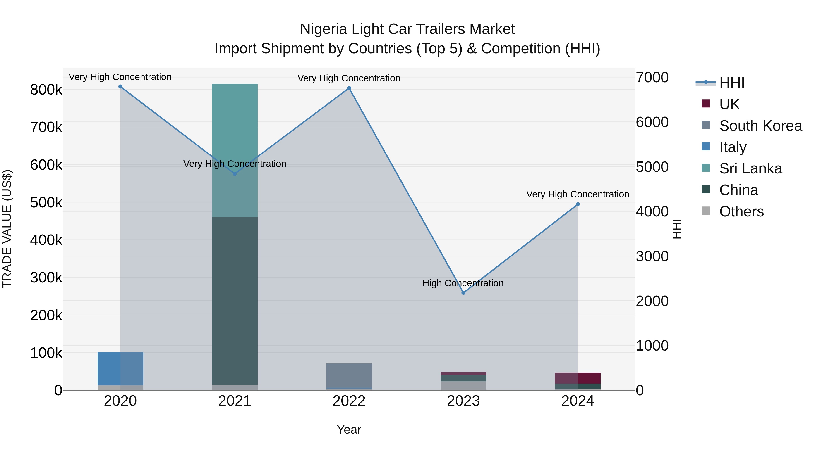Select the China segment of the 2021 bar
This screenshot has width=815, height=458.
[235, 300]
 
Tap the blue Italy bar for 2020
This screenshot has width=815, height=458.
[120, 368]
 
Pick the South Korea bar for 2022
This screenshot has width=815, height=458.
[349, 375]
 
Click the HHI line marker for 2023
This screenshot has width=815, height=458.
[463, 293]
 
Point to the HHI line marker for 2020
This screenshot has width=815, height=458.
[120, 87]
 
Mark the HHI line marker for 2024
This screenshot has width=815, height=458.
[578, 204]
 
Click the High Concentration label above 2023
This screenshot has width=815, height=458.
[463, 283]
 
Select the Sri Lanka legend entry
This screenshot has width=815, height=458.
[750, 168]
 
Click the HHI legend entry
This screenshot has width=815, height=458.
[731, 83]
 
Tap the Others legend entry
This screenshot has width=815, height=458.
[741, 211]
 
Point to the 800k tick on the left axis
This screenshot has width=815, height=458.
[46, 90]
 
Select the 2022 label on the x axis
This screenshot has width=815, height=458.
[349, 401]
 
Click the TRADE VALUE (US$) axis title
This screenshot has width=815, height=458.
[7, 229]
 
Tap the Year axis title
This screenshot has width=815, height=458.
[349, 430]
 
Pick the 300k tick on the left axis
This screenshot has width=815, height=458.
[46, 278]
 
